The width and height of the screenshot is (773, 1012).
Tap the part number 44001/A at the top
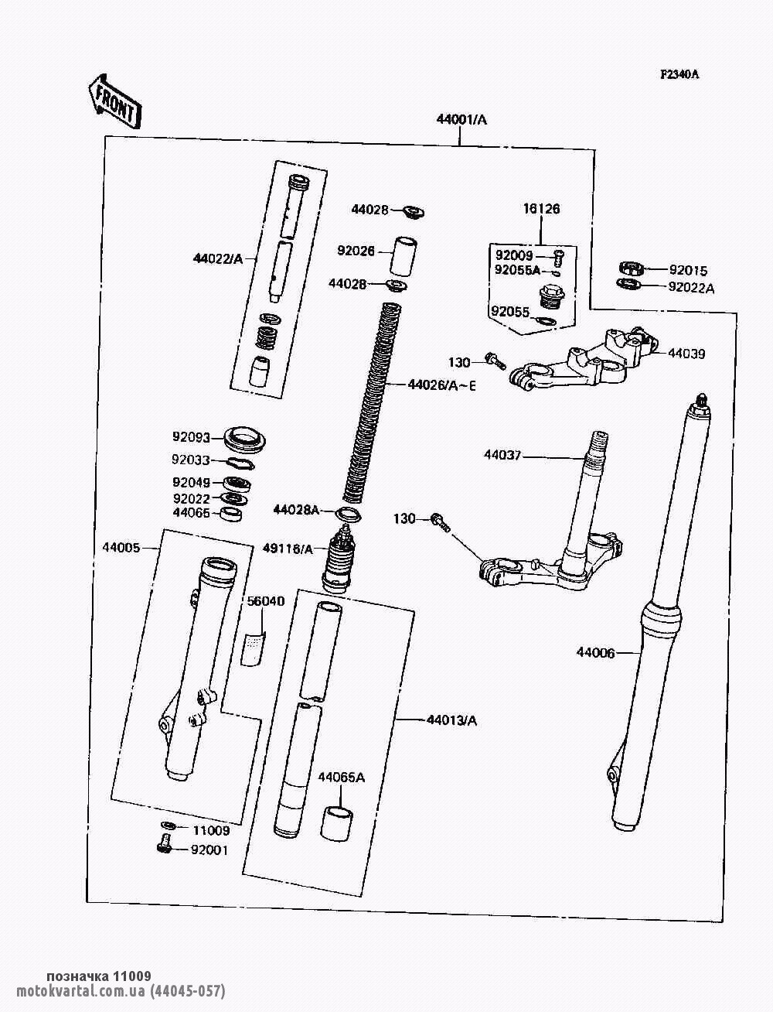click(x=461, y=120)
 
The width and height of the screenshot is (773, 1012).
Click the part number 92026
click(x=356, y=251)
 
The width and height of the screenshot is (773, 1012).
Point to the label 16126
click(x=541, y=209)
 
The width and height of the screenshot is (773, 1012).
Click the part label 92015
click(x=688, y=271)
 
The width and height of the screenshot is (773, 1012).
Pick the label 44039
click(x=686, y=354)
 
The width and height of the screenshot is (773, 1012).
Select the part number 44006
click(x=595, y=653)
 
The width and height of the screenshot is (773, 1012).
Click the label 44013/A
click(x=451, y=720)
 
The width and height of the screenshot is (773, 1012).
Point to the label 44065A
click(x=341, y=778)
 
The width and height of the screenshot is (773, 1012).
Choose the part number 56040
click(x=265, y=601)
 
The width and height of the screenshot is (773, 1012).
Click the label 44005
click(x=121, y=548)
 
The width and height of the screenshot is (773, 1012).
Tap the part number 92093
click(x=191, y=436)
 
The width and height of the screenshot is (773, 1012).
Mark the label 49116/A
click(x=288, y=549)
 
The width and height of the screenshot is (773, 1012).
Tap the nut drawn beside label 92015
click(x=632, y=268)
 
